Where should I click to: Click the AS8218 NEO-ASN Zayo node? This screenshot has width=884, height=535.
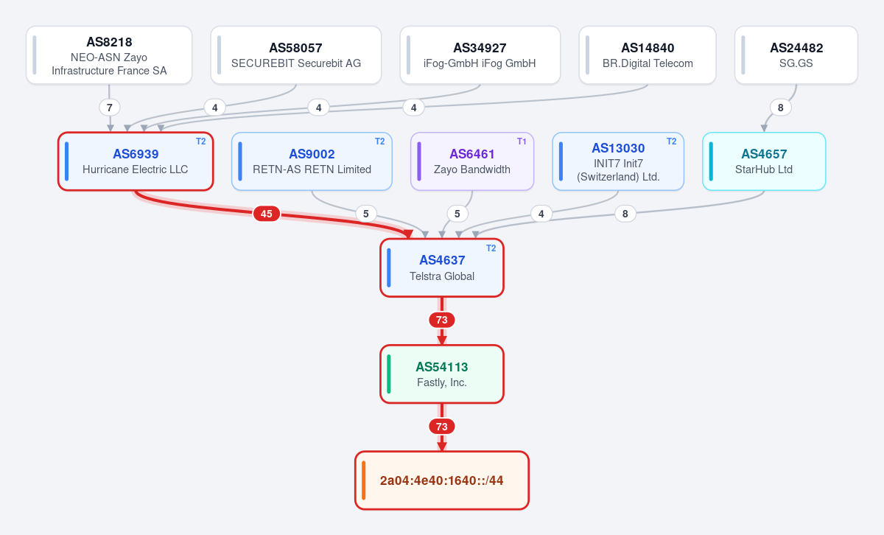tap(109, 55)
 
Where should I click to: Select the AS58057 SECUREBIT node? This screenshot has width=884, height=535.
tap(296, 55)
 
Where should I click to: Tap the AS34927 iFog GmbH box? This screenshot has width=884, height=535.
tap(480, 55)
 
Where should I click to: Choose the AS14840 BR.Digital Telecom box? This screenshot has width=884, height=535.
tap(648, 55)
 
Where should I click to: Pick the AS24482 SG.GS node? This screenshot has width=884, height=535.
tap(796, 55)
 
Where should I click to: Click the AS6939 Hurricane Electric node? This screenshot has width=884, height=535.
tap(136, 161)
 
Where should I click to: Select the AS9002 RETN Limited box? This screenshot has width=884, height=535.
tap(312, 161)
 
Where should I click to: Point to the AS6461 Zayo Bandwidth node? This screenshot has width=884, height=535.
tap(472, 161)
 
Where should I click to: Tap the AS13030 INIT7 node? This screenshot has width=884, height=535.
tap(618, 161)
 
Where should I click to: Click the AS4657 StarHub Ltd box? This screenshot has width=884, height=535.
tap(764, 161)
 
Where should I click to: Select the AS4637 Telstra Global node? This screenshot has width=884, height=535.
tap(442, 267)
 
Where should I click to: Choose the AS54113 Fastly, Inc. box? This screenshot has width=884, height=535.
tap(442, 374)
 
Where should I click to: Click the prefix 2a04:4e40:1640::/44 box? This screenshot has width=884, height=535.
tap(442, 480)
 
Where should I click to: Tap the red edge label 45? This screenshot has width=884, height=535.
tap(267, 214)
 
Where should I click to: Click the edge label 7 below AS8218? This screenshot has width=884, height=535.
tap(109, 108)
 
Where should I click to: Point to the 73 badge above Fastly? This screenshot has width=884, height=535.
tap(441, 320)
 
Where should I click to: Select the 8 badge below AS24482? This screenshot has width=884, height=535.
tap(780, 108)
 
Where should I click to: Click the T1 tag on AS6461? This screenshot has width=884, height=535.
tap(522, 141)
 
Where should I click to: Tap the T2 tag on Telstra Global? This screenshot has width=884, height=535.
tap(491, 248)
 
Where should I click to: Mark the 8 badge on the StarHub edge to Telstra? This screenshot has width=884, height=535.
tap(625, 214)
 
